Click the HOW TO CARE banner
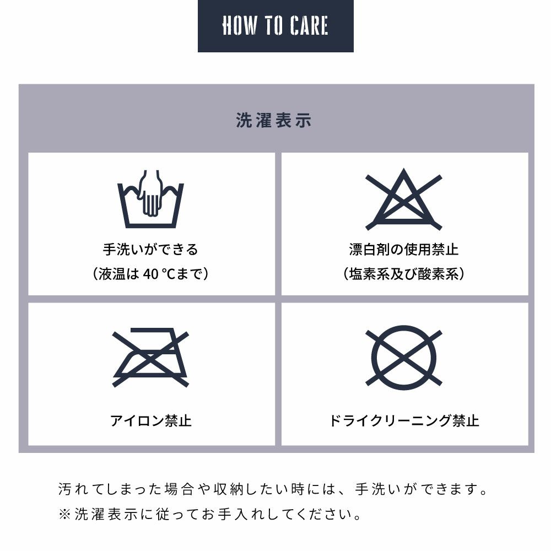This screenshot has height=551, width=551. (275, 26)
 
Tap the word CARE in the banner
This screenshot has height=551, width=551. (309, 26)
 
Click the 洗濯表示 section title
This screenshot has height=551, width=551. (274, 120)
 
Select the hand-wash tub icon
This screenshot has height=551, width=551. (150, 199)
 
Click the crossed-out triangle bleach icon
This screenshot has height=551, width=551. (404, 199)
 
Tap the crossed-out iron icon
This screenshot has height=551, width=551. (150, 358)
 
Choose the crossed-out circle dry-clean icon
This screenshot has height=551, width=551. (404, 358)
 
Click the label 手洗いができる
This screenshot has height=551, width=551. (150, 250)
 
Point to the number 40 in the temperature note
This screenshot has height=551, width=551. (151, 274)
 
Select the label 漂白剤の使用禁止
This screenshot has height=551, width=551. (404, 250)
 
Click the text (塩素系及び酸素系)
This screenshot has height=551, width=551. (404, 274)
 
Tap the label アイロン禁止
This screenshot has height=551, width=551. (151, 420)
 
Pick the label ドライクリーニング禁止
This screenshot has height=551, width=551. (404, 420)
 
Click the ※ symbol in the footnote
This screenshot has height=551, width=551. (64, 515)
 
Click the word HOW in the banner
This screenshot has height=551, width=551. (239, 26)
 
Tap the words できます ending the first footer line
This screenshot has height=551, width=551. (449, 489)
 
